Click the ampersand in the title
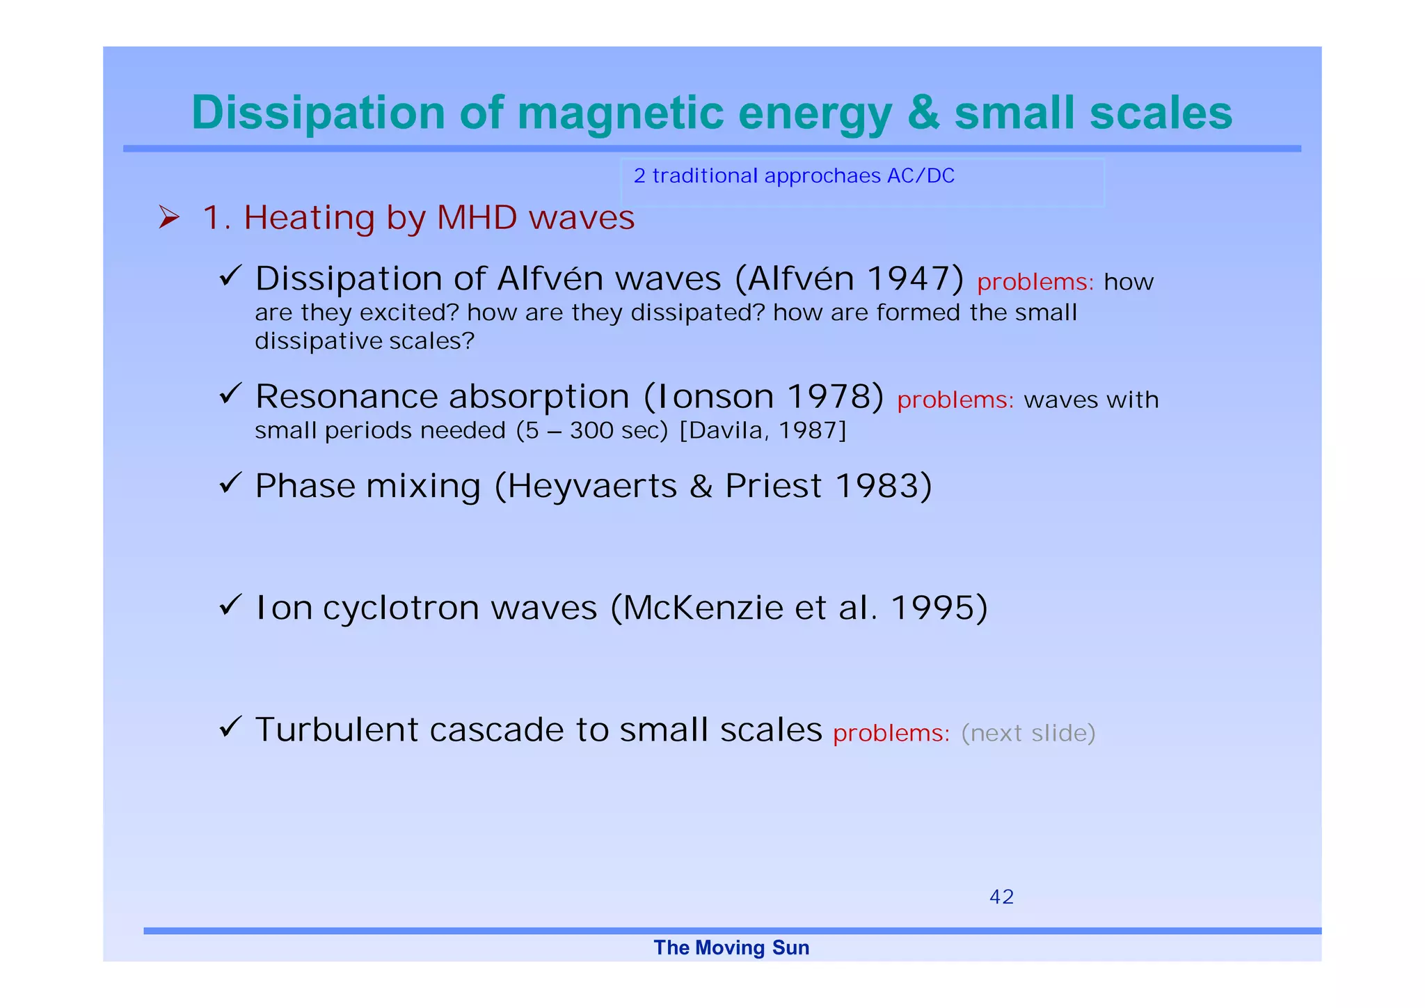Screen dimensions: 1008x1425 [x=923, y=113]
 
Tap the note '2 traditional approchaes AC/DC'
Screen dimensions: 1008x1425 [x=793, y=176]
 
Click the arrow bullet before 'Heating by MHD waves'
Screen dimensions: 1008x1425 [x=168, y=218]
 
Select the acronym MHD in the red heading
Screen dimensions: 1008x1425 [x=477, y=218]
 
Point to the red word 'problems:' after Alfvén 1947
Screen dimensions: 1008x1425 [x=1035, y=282]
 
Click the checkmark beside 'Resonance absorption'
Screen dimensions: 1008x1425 [x=230, y=394]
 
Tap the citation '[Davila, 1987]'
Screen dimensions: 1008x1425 [x=763, y=431]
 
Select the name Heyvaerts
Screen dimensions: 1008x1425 [x=591, y=486]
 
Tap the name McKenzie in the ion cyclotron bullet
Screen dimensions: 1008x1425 [x=703, y=608]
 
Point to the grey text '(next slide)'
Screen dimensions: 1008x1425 [x=1028, y=733]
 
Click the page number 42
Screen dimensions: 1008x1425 [x=1001, y=897]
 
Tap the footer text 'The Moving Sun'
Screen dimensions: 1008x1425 [x=731, y=947]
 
